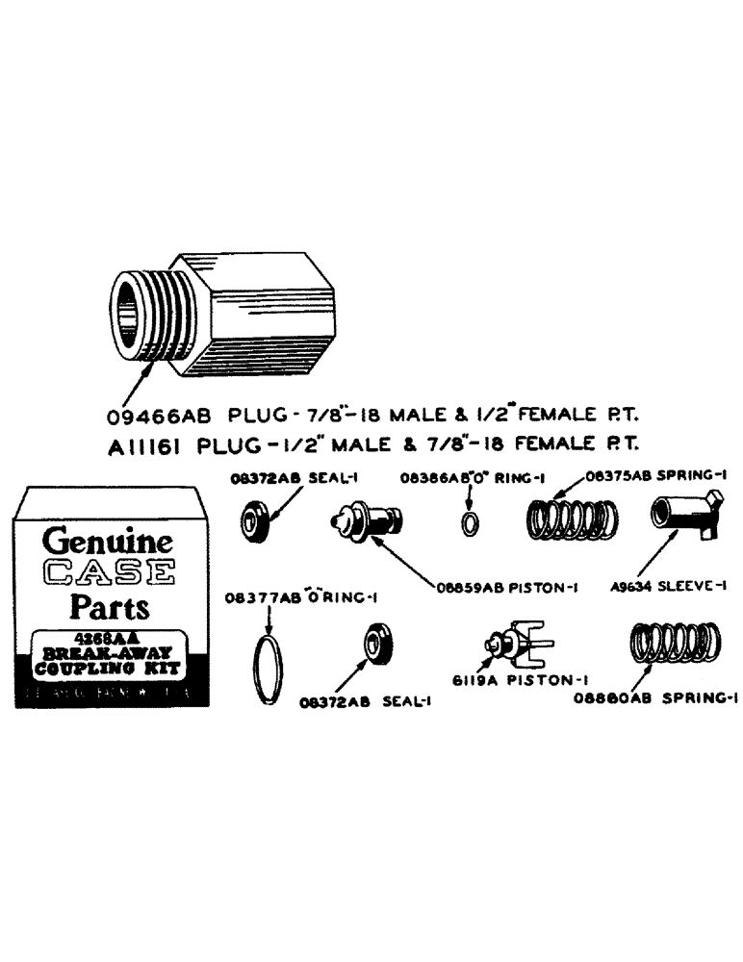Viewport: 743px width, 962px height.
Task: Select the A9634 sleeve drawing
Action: point(685,517)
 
